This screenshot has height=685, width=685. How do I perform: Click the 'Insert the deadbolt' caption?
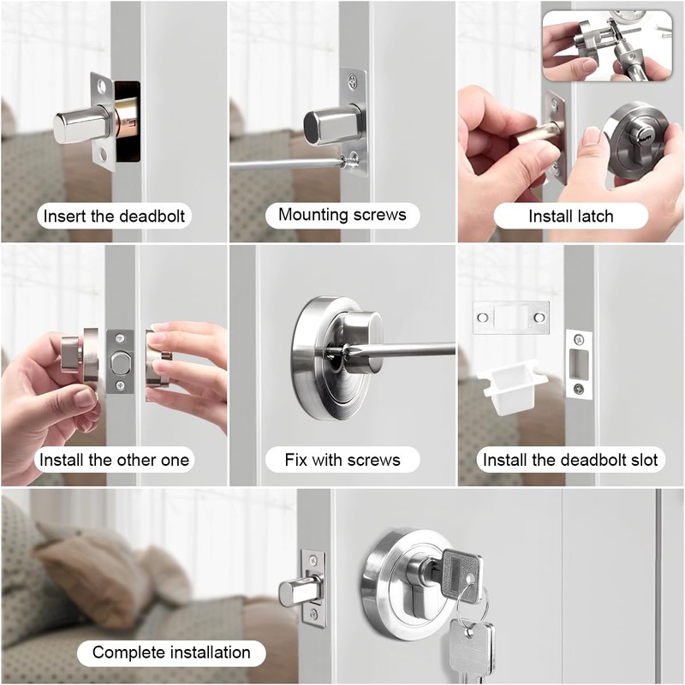114,216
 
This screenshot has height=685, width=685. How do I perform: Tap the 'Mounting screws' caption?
342,215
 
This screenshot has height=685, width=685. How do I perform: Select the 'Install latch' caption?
570,216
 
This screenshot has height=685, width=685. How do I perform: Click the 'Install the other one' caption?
114,460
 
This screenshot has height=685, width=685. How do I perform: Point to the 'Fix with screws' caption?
342,460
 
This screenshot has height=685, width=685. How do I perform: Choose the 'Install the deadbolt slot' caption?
570,460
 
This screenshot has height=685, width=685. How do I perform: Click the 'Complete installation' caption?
171,652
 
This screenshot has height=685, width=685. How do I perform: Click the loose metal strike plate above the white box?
510,318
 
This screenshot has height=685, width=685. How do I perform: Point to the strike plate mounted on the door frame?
580,364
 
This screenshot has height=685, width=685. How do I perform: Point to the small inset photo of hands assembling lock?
607,45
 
